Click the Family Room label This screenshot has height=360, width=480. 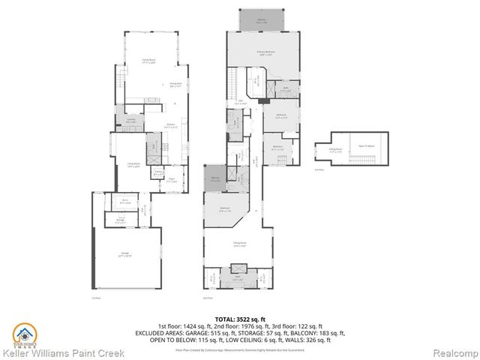(x=148, y=61)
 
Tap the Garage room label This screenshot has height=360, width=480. (x=124, y=255)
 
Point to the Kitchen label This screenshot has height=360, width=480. (x=170, y=126)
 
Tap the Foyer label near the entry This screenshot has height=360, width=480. (x=172, y=179)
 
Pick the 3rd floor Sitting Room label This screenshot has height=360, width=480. (x=335, y=149)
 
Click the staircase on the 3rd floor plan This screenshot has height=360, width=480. (x=367, y=160)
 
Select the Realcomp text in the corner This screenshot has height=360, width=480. (x=454, y=352)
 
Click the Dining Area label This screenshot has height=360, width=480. (x=175, y=86)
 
